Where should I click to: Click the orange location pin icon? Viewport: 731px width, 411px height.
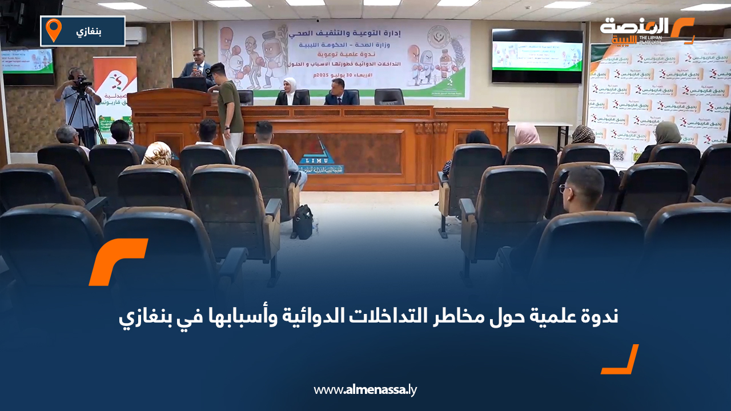point(54,30)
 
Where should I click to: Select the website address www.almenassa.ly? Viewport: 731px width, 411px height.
point(365,390)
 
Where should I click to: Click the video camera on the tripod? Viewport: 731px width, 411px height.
point(82,85)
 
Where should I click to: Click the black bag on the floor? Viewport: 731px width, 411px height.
point(303,221)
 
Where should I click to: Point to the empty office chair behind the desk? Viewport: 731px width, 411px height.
point(389,96)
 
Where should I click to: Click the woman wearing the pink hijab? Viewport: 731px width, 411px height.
point(526,135)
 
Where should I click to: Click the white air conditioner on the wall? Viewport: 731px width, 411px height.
point(136,36)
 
